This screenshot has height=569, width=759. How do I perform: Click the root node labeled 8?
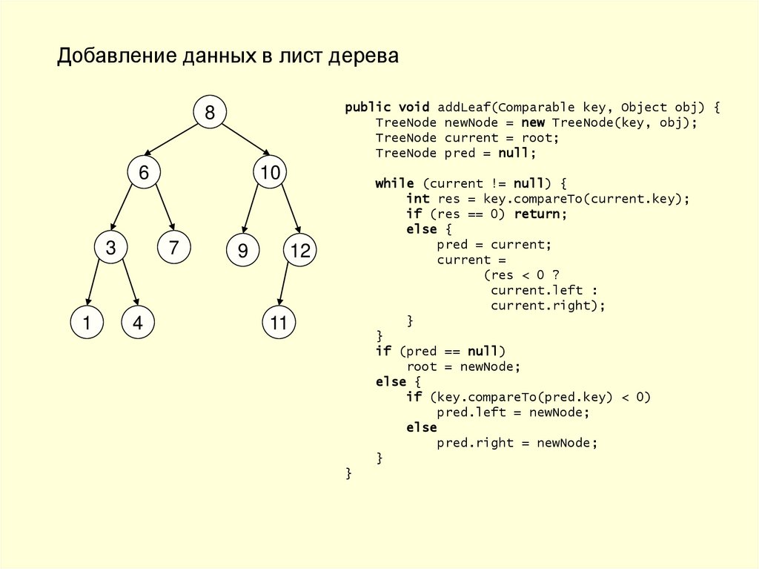(x=210, y=113)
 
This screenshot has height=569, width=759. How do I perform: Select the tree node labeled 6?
(x=144, y=173)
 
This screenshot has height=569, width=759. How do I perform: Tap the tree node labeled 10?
(x=270, y=173)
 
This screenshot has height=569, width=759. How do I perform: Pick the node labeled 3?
(x=110, y=249)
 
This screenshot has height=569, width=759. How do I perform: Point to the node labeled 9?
(x=242, y=251)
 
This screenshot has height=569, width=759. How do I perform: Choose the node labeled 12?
(x=300, y=251)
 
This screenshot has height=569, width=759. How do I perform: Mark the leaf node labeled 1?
(x=87, y=323)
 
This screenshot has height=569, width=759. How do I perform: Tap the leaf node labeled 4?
(x=138, y=323)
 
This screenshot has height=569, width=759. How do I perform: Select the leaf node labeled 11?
(x=279, y=323)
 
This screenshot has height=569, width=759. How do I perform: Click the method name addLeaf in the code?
(x=464, y=107)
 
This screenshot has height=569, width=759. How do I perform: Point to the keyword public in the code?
(x=368, y=107)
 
